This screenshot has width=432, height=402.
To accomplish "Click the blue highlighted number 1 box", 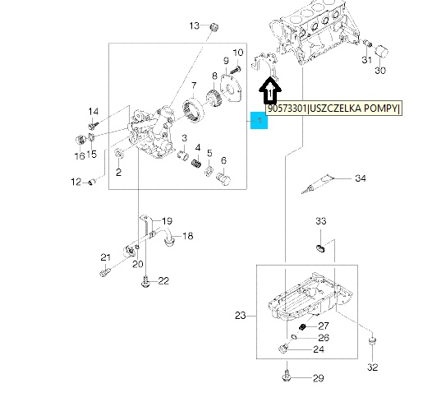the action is [259, 121].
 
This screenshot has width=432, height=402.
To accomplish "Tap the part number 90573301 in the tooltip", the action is [287, 109].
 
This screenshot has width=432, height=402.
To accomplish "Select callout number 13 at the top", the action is [194, 25].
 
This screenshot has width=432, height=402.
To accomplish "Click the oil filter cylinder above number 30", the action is [382, 52].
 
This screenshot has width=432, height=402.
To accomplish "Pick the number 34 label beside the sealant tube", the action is [361, 178].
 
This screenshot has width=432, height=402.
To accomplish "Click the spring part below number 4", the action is [196, 164].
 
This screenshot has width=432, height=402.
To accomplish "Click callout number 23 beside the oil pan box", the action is [241, 316].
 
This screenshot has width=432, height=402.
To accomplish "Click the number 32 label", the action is [372, 367].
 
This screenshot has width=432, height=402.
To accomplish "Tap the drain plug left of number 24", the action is [283, 349].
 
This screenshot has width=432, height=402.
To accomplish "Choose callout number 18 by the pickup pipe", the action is [187, 236].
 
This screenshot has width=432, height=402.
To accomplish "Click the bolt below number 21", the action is [104, 272].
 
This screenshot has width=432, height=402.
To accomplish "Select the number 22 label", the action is [163, 281].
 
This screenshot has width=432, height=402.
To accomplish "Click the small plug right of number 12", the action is [91, 182].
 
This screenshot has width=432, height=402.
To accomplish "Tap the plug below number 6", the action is [223, 179].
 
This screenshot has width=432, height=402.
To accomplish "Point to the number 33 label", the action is [320, 221].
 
